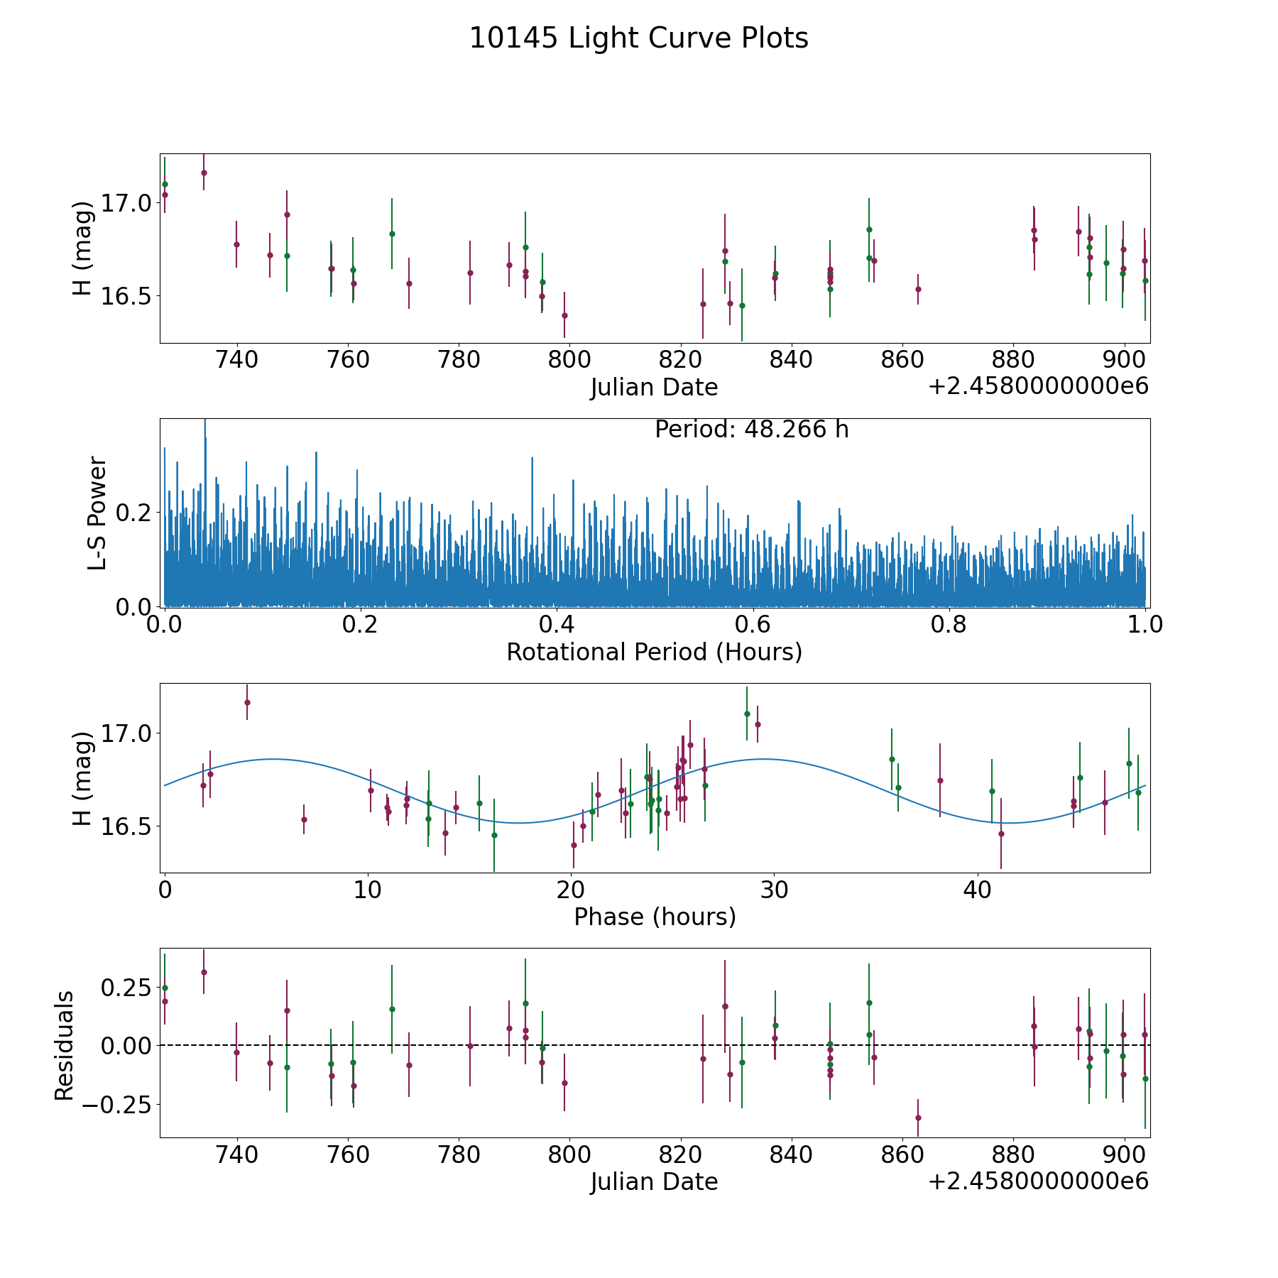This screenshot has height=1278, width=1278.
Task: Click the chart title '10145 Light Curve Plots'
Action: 638,38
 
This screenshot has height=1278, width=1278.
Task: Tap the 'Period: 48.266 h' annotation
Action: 751,430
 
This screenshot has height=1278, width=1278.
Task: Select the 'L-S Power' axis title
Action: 97,513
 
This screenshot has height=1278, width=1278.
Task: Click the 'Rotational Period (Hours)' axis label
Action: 654,652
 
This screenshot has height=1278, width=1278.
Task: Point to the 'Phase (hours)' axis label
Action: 654,917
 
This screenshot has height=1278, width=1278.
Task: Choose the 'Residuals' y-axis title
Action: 65,1046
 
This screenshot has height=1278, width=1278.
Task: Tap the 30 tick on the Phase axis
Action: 774,890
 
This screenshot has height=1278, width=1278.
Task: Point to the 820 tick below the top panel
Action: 680,360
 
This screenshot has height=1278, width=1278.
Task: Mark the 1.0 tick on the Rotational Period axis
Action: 1145,625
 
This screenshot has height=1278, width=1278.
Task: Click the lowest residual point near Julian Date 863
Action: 917,1118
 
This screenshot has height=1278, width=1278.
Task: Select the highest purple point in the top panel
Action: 204,173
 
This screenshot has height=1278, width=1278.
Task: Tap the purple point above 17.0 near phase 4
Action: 247,702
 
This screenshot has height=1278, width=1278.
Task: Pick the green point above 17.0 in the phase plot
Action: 747,714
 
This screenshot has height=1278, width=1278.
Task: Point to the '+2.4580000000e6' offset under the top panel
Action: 1038,387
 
